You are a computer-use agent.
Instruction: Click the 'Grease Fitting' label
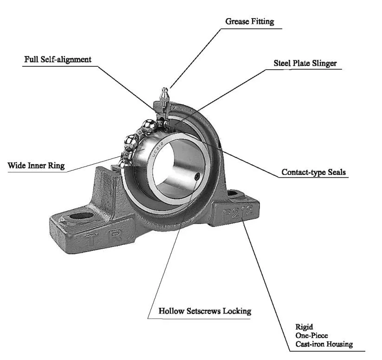[x=249, y=21]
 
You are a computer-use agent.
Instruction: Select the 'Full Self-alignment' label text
[x=58, y=59]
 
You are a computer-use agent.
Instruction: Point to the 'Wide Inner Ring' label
[x=36, y=166]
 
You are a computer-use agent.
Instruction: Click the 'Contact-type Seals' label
[x=313, y=173]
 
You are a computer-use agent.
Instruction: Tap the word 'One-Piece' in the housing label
[x=311, y=335]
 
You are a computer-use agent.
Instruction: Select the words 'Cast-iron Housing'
[x=324, y=344]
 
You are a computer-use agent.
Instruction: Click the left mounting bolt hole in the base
[x=81, y=215]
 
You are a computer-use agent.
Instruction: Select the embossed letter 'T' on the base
[x=91, y=240]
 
